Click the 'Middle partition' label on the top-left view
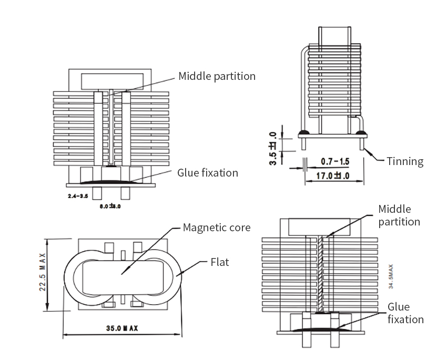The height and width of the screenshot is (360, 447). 217,76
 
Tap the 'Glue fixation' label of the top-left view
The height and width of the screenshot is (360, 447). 207,172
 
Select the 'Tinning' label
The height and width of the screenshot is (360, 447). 405,161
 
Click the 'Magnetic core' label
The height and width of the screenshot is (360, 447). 216,228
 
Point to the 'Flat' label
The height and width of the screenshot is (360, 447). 219,262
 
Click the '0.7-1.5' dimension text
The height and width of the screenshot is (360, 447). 335,161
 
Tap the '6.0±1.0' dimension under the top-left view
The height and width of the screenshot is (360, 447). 110,207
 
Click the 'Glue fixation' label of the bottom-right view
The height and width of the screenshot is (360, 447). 405,313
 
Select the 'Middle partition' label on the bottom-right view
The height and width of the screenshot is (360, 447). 399,215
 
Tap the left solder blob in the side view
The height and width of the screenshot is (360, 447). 303,132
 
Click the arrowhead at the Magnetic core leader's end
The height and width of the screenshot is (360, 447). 121,273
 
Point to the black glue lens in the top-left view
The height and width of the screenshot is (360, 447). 111,181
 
